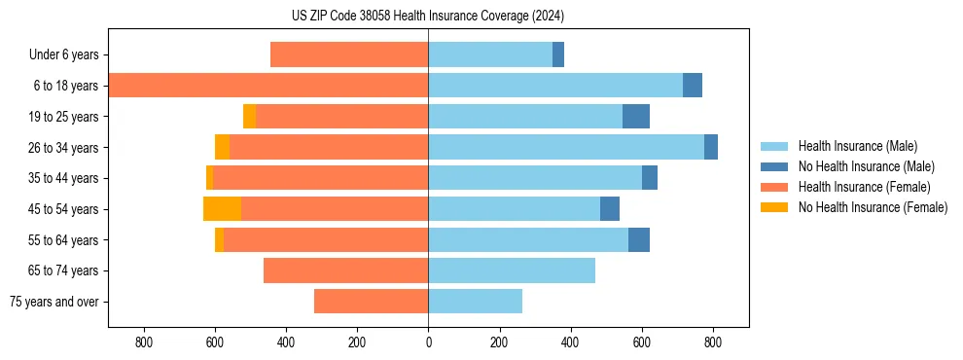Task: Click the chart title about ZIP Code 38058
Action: click(x=428, y=16)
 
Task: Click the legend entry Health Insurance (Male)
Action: click(x=857, y=146)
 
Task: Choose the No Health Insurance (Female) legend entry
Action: click(x=873, y=207)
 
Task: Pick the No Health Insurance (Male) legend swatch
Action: click(x=774, y=166)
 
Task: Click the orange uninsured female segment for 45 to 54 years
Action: click(x=222, y=209)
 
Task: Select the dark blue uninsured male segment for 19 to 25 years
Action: click(x=636, y=117)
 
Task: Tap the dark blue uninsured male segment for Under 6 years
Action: click(x=558, y=55)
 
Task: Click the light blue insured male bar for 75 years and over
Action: click(x=475, y=302)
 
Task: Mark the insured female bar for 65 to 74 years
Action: click(x=345, y=270)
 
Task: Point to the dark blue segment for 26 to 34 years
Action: click(x=711, y=148)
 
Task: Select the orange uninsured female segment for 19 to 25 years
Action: click(x=249, y=117)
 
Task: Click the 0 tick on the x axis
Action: click(x=428, y=342)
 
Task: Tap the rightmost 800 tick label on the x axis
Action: click(x=712, y=342)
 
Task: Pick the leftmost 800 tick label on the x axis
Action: click(x=144, y=342)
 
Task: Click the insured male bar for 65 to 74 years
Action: click(x=512, y=270)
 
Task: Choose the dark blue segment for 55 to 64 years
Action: click(x=639, y=240)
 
